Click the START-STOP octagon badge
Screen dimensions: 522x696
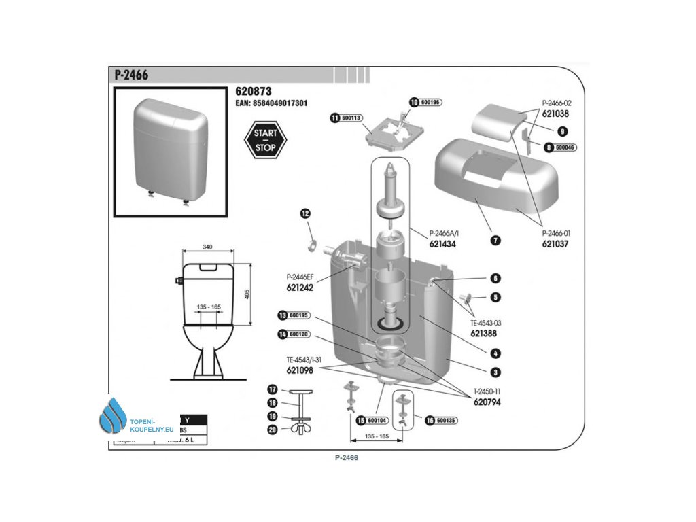point(265,141)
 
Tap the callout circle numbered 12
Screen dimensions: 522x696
point(305,214)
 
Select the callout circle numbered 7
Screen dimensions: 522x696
point(495,241)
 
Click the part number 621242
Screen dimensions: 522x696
point(300,288)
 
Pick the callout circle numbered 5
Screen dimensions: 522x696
point(496,297)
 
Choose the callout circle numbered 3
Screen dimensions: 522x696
point(495,372)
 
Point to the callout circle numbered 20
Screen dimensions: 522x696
point(273,429)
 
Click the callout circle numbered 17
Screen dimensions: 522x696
point(273,390)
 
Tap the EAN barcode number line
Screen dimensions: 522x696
point(271,103)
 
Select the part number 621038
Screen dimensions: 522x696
point(555,114)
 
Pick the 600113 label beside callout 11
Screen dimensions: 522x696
point(352,118)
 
